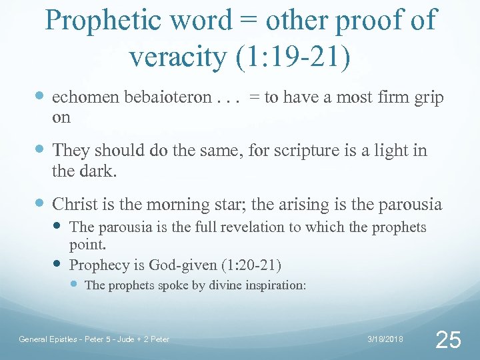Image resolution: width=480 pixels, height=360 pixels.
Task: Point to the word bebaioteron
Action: [167, 97]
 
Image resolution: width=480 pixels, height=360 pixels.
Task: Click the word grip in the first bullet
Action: [427, 97]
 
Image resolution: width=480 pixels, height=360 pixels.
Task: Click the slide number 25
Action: [447, 340]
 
